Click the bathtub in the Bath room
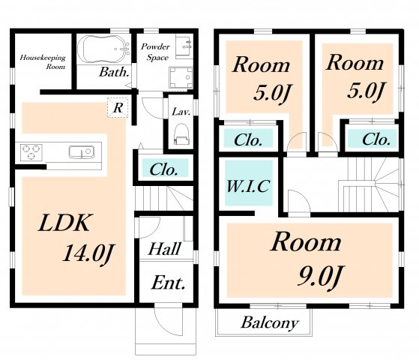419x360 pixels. tap(103, 49)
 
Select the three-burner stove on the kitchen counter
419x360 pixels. tap(31, 152)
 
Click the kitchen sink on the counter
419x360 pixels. tap(82, 152)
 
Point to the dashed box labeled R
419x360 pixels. tap(118, 107)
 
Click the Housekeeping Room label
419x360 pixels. tap(43, 61)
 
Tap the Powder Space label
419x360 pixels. tap(155, 52)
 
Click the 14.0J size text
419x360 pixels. tap(88, 253)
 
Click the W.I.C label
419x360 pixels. tap(248, 186)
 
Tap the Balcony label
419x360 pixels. tap(270, 322)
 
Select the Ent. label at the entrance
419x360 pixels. tap(169, 283)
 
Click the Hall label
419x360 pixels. tap(165, 249)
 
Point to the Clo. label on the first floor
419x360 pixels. tap(163, 169)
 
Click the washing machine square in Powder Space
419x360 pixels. tap(181, 77)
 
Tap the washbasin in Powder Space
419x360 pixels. tap(184, 46)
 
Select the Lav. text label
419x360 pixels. tap(181, 112)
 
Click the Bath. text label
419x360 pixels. tap(114, 72)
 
